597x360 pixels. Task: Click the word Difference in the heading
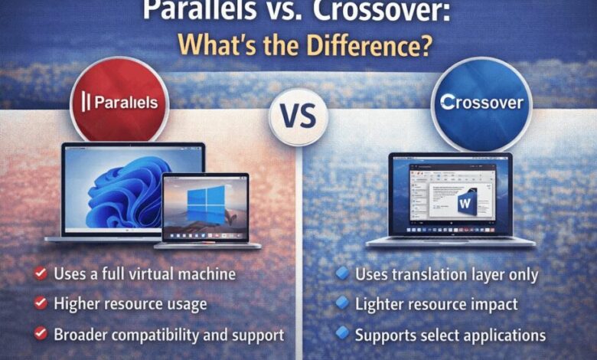click(x=349, y=44)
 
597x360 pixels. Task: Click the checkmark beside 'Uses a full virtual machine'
click(x=39, y=273)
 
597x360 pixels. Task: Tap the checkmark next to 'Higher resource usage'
click(x=39, y=303)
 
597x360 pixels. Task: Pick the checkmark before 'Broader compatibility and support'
click(x=39, y=334)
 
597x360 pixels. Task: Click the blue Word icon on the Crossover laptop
click(x=466, y=203)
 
